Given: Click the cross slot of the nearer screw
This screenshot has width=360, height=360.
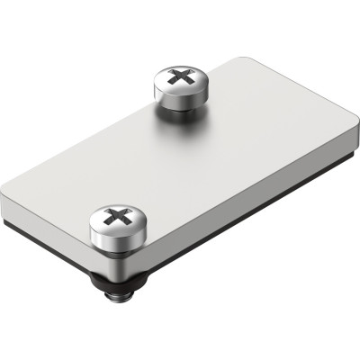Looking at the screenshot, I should tap(116, 216).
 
